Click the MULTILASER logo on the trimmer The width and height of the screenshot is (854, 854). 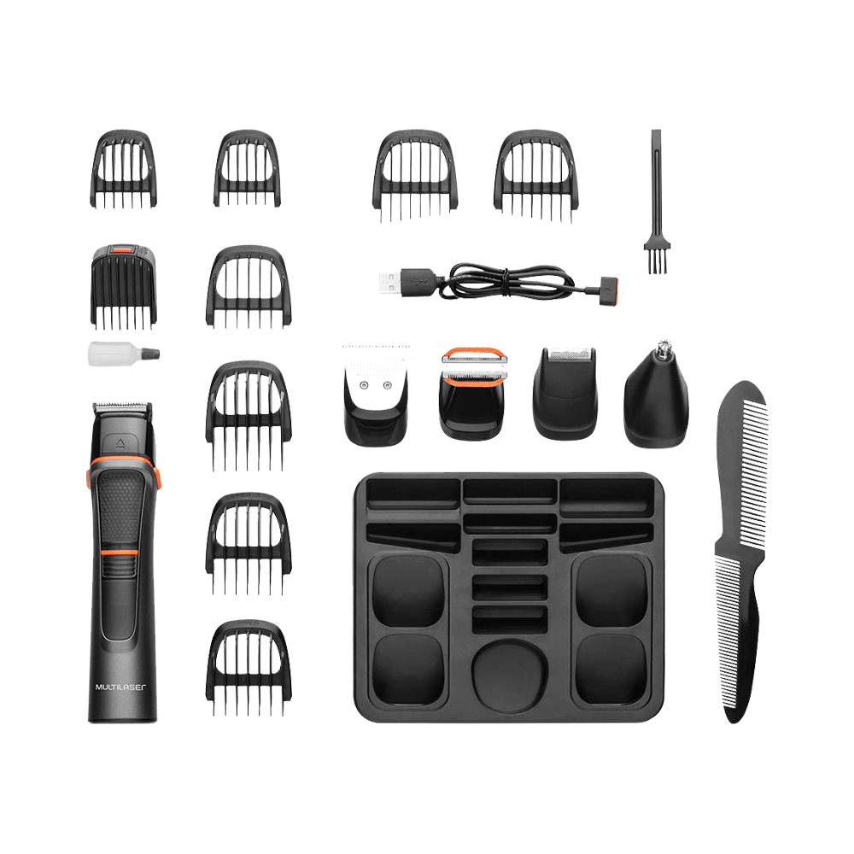click(120, 687)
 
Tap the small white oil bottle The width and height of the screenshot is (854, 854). click(124, 354)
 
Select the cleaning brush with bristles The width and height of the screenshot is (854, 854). click(657, 201)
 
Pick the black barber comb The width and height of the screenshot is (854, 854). click(740, 550)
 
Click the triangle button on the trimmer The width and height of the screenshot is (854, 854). click(120, 443)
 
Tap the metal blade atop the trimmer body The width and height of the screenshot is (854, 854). click(122, 407)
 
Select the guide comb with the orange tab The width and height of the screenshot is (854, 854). click(123, 287)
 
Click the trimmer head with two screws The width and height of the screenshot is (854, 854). click(376, 395)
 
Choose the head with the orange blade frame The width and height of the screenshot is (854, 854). click(473, 393)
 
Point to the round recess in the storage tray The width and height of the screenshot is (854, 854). click(509, 676)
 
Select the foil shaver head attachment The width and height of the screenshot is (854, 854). click(565, 392)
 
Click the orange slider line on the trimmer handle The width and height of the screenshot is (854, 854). click(119, 553)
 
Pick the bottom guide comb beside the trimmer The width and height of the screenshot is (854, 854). click(249, 668)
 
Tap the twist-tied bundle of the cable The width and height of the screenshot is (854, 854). click(506, 282)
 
